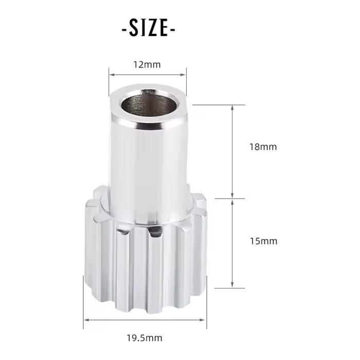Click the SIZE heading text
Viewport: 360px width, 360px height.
click(x=148, y=28)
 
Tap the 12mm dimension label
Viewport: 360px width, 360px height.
click(x=147, y=65)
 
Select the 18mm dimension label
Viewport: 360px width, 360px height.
click(x=263, y=147)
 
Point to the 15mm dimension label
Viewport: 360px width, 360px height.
click(x=263, y=241)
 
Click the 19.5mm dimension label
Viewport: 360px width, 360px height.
click(x=145, y=338)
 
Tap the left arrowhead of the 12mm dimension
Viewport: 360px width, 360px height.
click(x=112, y=75)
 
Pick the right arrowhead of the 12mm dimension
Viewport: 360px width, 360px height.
click(x=183, y=75)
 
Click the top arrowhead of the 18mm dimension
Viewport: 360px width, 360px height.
click(x=232, y=108)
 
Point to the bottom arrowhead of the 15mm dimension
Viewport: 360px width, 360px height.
click(x=232, y=284)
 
